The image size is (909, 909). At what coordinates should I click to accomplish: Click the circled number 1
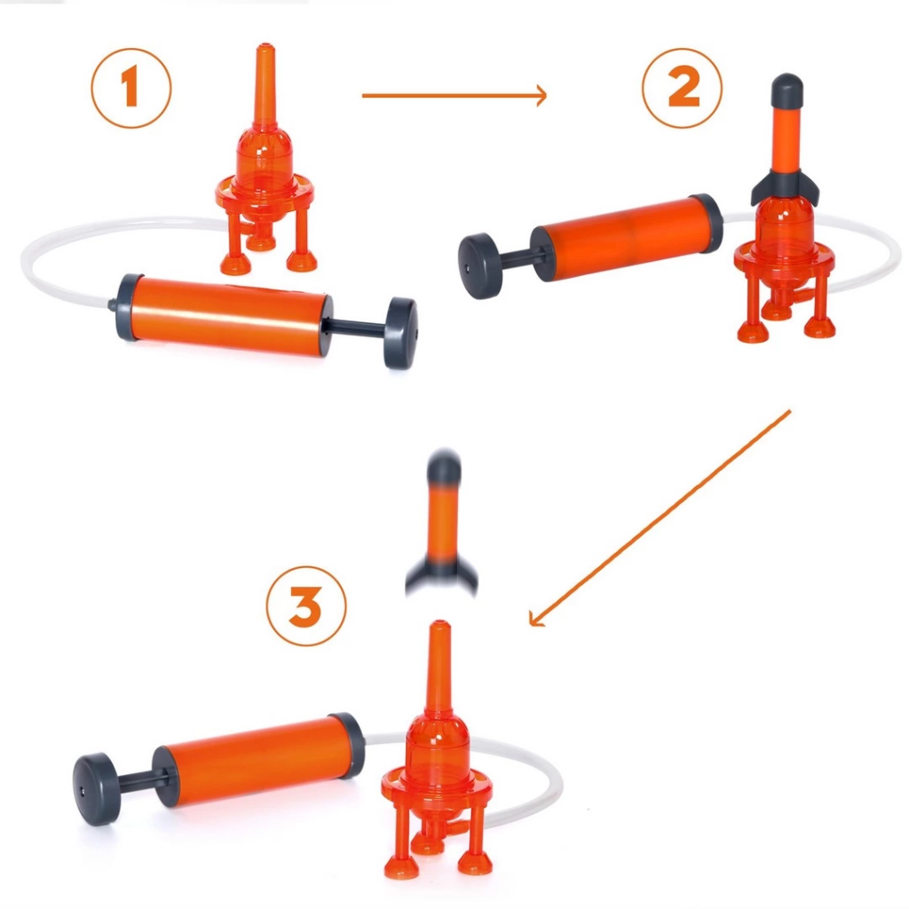131,88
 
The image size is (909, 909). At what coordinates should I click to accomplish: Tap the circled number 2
683,88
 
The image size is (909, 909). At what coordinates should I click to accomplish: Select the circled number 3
306,605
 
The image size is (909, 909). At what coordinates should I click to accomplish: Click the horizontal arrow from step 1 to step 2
454,95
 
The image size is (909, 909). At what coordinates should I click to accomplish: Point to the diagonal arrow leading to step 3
660,518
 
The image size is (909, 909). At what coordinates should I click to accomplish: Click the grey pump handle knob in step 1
400,333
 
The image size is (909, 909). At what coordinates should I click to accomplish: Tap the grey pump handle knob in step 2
479,266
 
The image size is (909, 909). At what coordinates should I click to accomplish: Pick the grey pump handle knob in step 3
96,789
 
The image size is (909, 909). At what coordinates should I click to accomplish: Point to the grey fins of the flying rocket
442,575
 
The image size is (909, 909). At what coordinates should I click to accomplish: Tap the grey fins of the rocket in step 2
786,186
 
